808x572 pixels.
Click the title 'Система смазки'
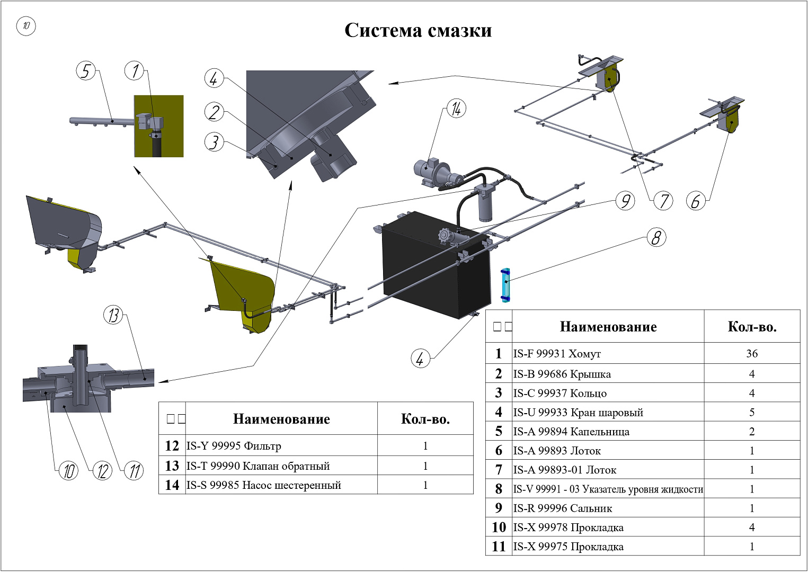(418, 30)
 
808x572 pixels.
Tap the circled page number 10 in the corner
(26, 25)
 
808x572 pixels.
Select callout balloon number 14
(456, 109)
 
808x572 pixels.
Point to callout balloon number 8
(656, 237)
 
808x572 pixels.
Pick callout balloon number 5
(85, 70)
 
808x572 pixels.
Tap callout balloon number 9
(625, 201)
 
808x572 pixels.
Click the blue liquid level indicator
(505, 285)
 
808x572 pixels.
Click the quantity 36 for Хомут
(752, 353)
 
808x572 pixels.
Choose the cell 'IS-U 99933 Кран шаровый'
(578, 412)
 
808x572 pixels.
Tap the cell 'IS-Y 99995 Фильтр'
(233, 446)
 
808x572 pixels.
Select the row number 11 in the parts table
(499, 547)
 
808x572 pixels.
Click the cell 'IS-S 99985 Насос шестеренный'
(263, 486)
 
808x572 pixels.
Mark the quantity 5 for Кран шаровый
(752, 412)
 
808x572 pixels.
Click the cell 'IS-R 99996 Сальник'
(562, 508)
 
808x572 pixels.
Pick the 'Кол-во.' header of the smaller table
(425, 419)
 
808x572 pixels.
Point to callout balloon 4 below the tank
(420, 359)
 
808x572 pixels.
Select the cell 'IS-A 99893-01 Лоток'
(564, 470)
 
